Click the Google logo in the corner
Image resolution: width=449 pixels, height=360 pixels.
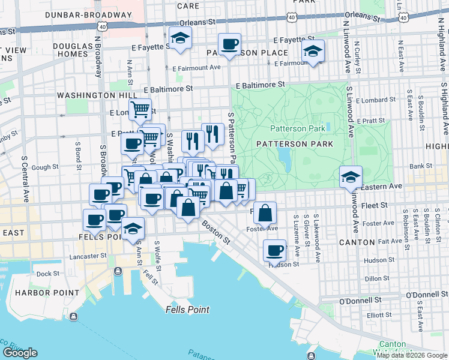coord(20,353)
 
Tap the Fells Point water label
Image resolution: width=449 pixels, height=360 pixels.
coord(187,310)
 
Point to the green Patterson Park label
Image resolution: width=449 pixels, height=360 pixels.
coord(297,128)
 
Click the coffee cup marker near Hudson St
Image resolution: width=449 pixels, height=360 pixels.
coord(275,250)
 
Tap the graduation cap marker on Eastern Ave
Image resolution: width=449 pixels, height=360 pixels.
coord(351,176)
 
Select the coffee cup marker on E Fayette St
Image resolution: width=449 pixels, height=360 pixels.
coord(229,44)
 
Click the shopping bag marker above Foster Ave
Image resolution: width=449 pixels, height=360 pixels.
coord(265,212)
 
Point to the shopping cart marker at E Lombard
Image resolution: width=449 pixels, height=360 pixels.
coord(140,109)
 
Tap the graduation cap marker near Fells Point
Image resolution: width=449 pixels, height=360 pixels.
coord(133,229)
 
